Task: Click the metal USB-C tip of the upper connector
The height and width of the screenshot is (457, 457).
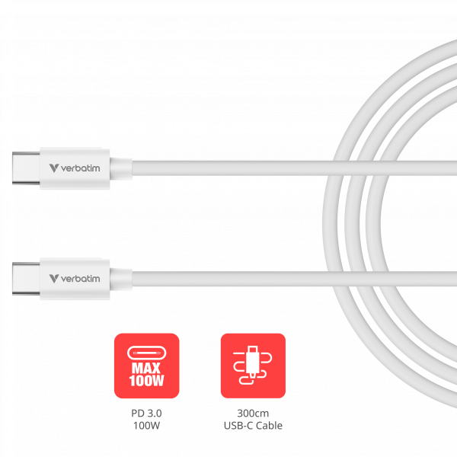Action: [26, 168]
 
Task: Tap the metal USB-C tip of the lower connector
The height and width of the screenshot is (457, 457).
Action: [26, 279]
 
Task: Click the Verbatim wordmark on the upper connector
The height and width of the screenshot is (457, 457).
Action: [81, 168]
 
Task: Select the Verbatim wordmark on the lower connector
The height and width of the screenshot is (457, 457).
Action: [81, 279]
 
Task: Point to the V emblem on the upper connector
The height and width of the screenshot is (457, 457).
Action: [54, 168]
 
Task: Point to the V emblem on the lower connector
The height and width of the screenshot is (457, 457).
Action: [54, 279]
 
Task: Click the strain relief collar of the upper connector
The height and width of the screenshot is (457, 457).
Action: [120, 168]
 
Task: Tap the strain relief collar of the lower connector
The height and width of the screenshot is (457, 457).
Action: [120, 279]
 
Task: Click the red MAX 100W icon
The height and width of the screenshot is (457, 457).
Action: [146, 366]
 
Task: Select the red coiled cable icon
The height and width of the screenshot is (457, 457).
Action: [253, 366]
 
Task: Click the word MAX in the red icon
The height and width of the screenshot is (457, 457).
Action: [146, 368]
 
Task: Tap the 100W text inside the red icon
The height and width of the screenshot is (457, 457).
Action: [146, 381]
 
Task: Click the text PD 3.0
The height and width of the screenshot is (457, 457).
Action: [146, 413]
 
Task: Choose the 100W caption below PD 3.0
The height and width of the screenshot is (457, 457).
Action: [146, 426]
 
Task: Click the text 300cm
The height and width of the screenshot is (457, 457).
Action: [253, 413]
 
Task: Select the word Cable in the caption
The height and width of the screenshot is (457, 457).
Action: [270, 426]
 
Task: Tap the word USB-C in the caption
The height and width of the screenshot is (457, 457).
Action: [238, 426]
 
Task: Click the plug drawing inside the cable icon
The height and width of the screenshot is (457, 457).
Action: [253, 361]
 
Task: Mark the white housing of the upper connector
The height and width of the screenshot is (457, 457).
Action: [75, 168]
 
